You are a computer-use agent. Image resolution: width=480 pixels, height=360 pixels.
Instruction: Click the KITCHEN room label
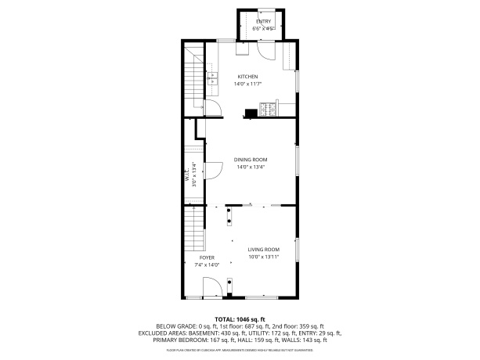247,76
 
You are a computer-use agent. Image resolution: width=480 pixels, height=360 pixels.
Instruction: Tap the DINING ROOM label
250,159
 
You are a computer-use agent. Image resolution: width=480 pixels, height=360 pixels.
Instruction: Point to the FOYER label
207,257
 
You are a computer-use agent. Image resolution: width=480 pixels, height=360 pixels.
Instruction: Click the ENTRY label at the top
262,21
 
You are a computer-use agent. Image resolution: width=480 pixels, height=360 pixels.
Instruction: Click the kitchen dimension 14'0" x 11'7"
248,84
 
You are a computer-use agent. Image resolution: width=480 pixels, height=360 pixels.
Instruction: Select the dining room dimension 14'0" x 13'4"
251,167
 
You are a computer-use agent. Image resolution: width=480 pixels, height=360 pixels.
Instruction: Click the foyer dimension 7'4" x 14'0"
207,265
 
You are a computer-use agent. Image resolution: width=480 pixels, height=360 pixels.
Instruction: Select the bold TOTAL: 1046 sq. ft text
240,319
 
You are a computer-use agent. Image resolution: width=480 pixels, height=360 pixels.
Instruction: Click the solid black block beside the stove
251,112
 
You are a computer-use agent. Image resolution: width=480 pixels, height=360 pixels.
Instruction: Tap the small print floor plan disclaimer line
240,350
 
